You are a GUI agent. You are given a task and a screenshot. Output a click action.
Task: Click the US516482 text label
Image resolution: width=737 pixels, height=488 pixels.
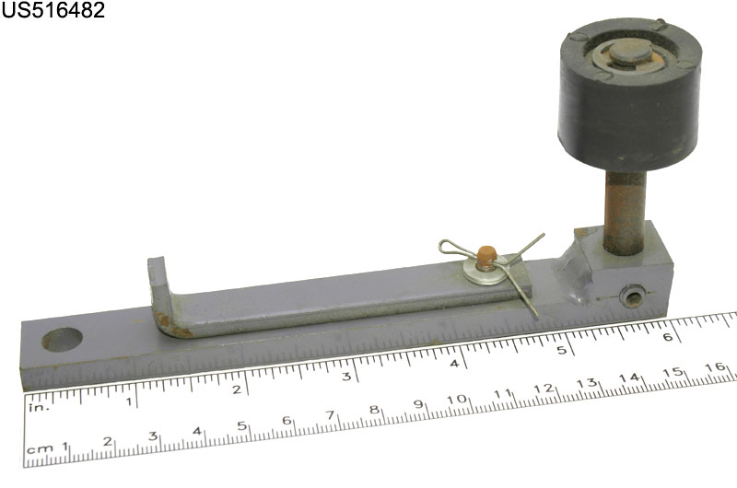pyautogui.click(x=53, y=10)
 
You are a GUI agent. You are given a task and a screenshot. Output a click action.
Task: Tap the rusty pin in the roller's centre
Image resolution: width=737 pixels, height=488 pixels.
pyautogui.click(x=630, y=52)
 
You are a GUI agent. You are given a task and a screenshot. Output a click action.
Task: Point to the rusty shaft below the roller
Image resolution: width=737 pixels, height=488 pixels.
pyautogui.click(x=625, y=213)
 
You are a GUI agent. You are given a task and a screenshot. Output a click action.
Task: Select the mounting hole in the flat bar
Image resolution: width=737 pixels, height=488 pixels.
pyautogui.click(x=62, y=340)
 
